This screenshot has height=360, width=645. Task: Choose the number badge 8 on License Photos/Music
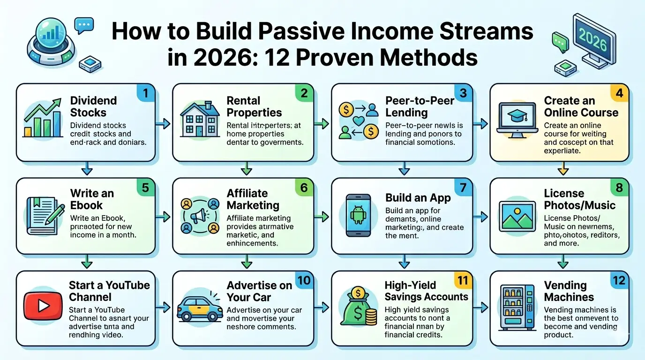(619, 187)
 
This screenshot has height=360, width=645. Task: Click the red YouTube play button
(44, 306)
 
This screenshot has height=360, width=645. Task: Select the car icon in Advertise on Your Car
(200, 307)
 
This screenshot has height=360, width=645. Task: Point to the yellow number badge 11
(462, 281)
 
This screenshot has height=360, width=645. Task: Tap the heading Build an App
(418, 198)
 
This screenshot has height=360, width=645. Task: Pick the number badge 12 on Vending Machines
(619, 281)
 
